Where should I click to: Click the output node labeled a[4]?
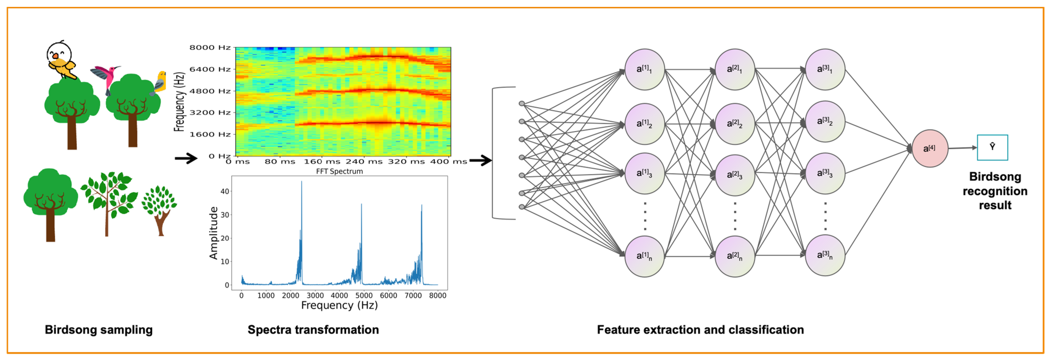point(929,148)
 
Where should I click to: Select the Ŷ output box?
point(992,147)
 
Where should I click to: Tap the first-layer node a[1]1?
point(644,69)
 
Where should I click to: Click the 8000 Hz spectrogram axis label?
point(210,48)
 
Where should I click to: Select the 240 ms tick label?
point(364,162)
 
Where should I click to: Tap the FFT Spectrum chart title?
point(339,172)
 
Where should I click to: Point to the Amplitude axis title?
point(213,233)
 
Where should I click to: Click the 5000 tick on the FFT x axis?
point(364,295)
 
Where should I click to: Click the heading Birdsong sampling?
point(99,329)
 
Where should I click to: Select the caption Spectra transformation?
point(313,329)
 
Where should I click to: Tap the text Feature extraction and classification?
point(700,329)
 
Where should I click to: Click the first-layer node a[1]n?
point(644,256)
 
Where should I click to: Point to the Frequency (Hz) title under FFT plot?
point(339,305)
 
